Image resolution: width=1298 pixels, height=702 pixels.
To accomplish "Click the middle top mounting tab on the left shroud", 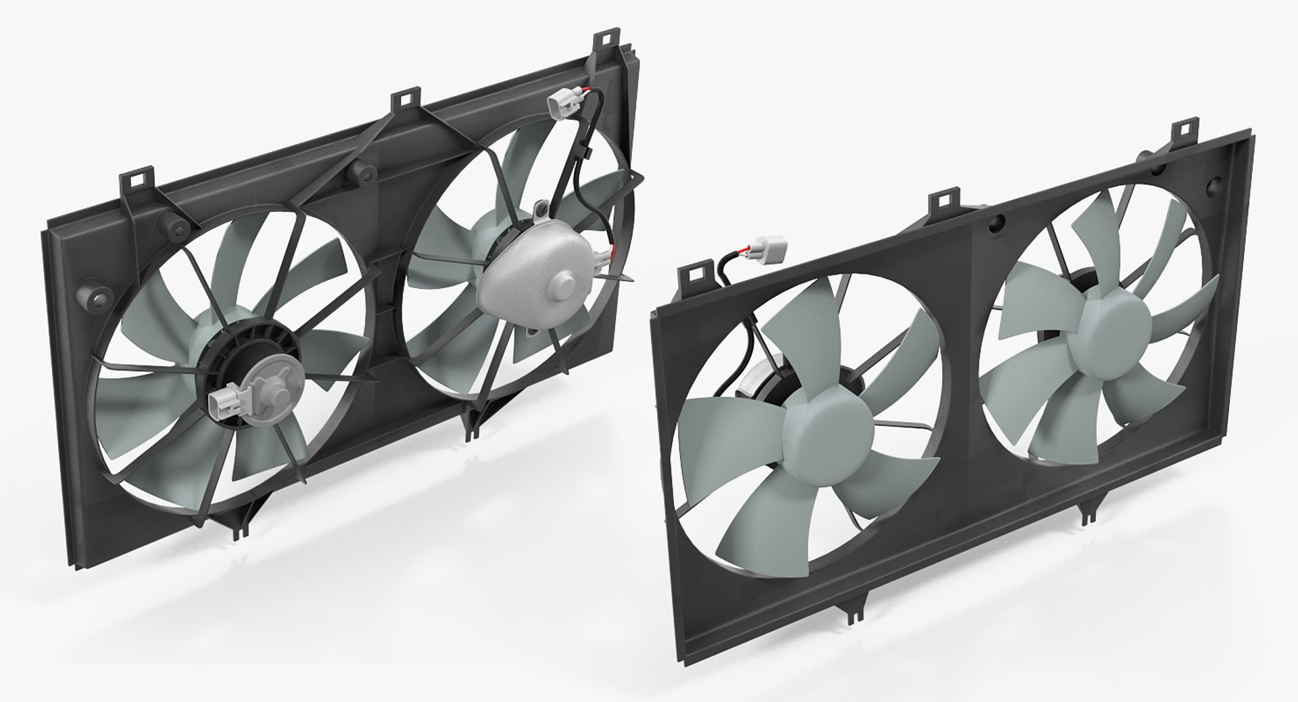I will tap(404, 99).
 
